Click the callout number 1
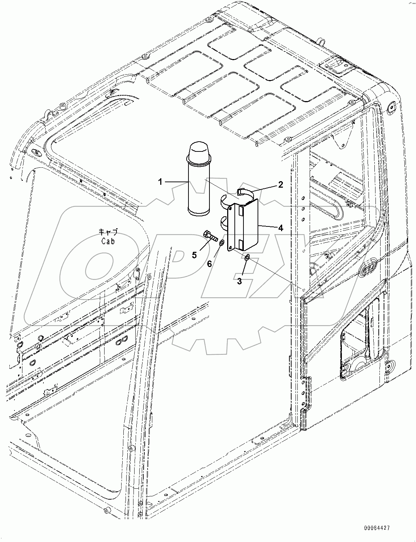point(160,182)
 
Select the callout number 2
point(280,185)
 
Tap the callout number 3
point(239,281)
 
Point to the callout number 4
point(280,228)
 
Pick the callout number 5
point(194,255)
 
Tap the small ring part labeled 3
point(247,258)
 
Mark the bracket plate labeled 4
point(246,226)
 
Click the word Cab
point(108,241)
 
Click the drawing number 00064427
point(377,529)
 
